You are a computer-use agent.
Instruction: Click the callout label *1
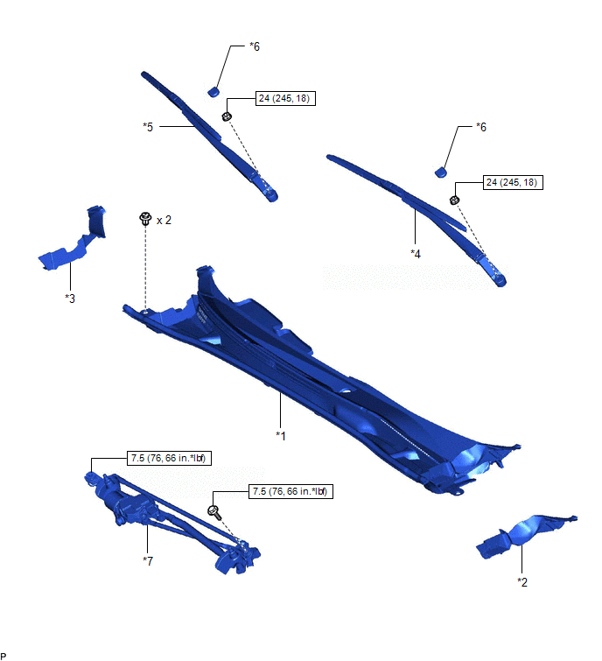[x=281, y=435]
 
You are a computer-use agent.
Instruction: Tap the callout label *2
[x=522, y=582]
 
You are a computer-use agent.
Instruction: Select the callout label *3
[x=70, y=299]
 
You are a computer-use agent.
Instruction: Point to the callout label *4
[x=416, y=254]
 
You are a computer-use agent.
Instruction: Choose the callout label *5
[x=148, y=126]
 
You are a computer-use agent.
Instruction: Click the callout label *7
[x=148, y=560]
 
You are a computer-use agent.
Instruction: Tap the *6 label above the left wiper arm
[x=255, y=46]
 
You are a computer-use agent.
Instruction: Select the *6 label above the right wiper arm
[x=481, y=127]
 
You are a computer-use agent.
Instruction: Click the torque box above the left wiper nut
[x=285, y=98]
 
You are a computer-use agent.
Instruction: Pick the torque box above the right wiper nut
[x=513, y=182]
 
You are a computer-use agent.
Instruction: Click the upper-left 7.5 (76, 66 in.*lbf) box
[x=169, y=458]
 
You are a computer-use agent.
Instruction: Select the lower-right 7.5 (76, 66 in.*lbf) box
[x=290, y=491]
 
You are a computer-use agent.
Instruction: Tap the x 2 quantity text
[x=164, y=220]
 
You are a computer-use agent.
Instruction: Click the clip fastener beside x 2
[x=145, y=218]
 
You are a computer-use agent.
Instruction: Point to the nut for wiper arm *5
[x=227, y=116]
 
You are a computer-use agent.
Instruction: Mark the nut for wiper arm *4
[x=454, y=200]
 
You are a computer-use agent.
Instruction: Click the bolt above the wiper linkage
[x=214, y=512]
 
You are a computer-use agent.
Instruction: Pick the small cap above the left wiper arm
[x=213, y=91]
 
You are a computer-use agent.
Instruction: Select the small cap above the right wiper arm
[x=441, y=172]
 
